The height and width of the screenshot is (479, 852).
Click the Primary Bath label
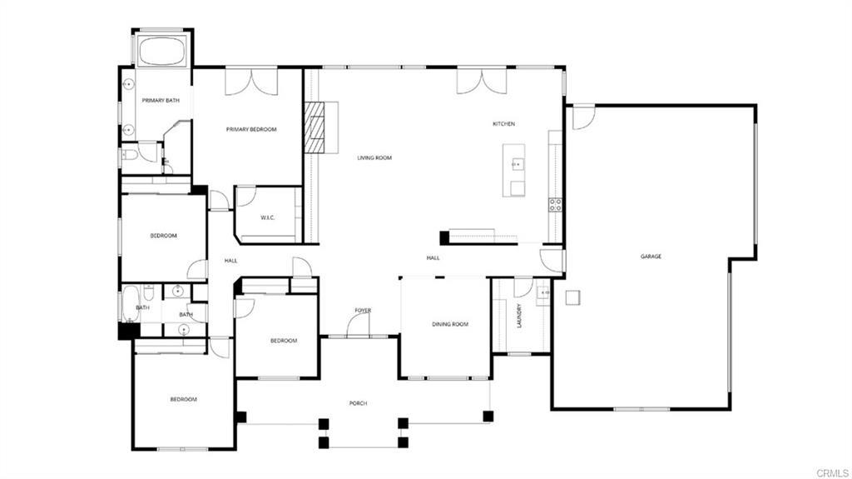(161, 101)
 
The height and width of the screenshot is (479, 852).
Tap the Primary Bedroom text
(251, 129)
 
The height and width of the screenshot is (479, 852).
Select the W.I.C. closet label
(267, 218)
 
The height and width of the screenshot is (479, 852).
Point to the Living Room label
(374, 157)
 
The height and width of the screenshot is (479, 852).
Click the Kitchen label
(503, 124)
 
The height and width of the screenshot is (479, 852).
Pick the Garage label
(651, 257)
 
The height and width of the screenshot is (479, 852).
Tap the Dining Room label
(450, 324)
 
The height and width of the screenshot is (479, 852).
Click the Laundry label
(519, 317)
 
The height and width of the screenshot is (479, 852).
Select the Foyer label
(363, 311)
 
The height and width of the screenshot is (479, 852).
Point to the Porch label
(358, 403)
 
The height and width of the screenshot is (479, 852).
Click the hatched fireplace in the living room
(314, 127)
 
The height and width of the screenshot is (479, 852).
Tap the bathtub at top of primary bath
(163, 50)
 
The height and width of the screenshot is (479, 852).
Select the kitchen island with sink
(514, 170)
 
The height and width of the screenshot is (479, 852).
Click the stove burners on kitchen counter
(555, 204)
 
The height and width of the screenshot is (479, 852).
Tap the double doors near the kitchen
(481, 81)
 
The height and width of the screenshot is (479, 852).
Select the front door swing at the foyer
(359, 325)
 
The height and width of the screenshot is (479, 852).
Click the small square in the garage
(572, 297)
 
